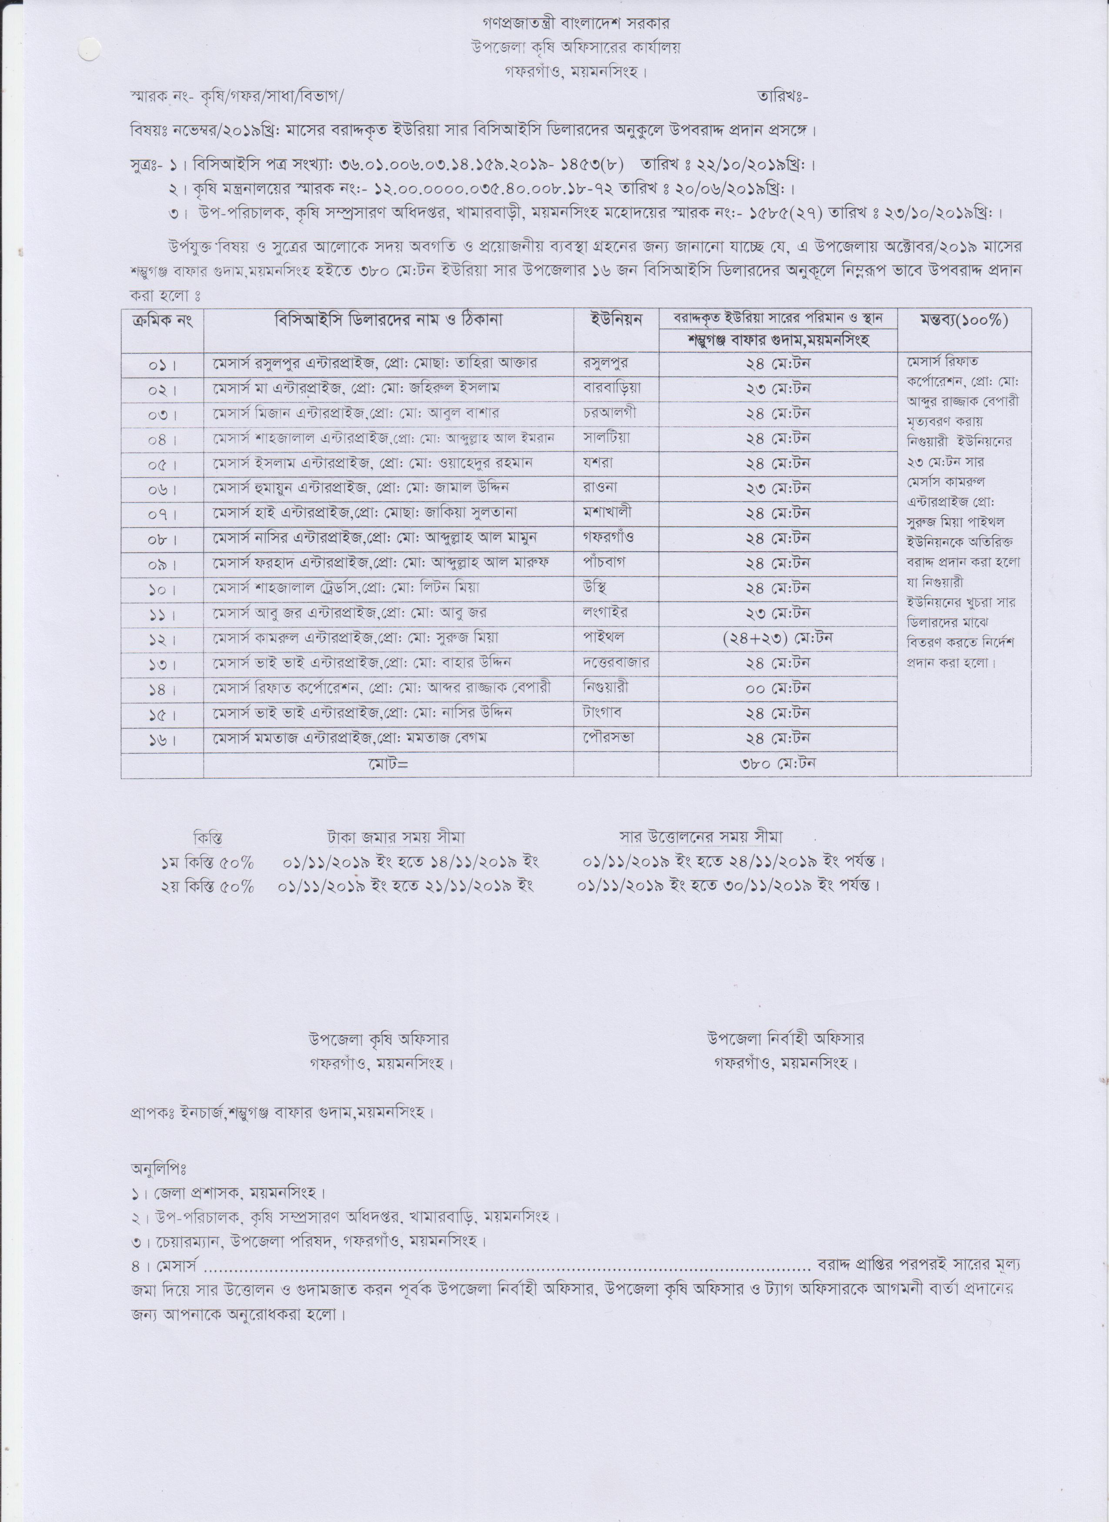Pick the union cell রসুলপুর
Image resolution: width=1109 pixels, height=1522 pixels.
pyautogui.click(x=607, y=363)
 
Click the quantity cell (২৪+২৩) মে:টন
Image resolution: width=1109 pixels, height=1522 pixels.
pyautogui.click(x=778, y=637)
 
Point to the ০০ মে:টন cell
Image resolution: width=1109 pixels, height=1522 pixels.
pyautogui.click(x=778, y=688)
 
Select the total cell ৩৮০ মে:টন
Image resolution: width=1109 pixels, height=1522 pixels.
pyautogui.click(x=778, y=763)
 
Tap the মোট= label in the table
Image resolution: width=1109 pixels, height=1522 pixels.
pyautogui.click(x=388, y=764)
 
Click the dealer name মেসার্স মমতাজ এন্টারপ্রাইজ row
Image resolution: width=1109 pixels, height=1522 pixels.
pyautogui.click(x=349, y=737)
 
